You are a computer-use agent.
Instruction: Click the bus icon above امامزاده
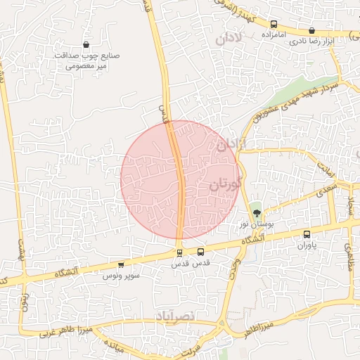[274, 25]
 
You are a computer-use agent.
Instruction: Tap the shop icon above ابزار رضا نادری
[312, 31]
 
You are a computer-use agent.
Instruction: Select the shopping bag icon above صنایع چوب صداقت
[86, 44]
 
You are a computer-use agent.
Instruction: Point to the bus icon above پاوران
[307, 234]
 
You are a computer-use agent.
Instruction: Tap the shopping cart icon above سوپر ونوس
[121, 265]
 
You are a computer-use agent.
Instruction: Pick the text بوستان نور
[254, 224]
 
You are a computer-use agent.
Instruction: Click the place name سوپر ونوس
[120, 276]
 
